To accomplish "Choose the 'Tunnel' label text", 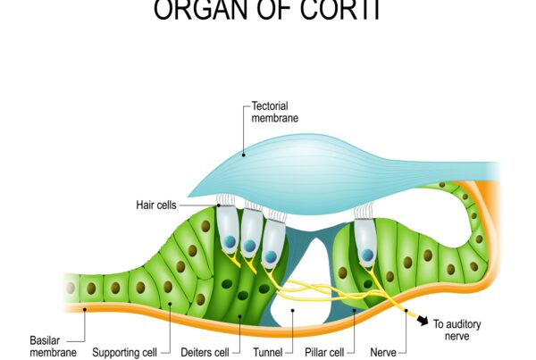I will click(268, 352).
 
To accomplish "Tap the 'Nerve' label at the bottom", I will click(381, 352).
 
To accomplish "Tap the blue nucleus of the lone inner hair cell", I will click(367, 255).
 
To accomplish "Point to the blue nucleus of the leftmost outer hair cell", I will click(229, 242).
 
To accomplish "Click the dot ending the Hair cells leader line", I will click(218, 205).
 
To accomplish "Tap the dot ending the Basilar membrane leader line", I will click(82, 309).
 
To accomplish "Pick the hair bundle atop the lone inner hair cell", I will click(362, 212).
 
